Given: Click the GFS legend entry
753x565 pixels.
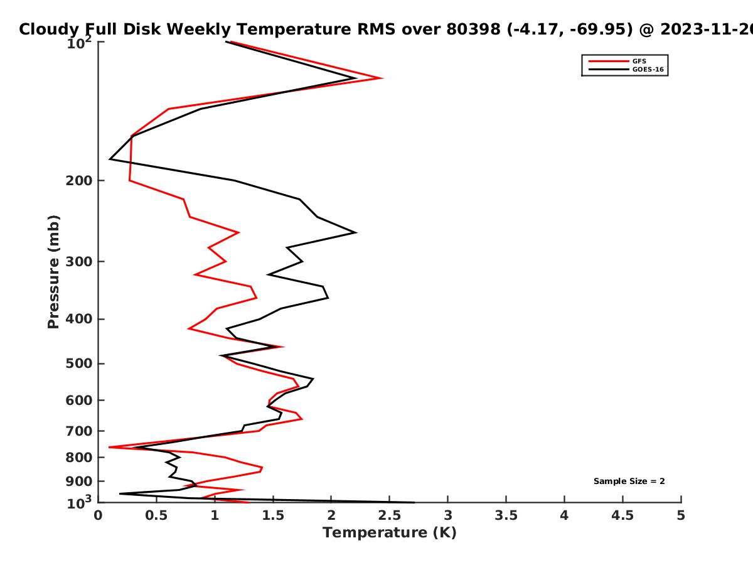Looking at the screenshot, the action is click(617, 61).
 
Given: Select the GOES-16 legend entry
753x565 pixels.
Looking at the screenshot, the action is click(626, 69).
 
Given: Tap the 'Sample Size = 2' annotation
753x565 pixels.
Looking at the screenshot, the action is click(629, 482).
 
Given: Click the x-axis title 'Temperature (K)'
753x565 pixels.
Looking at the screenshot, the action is click(390, 533).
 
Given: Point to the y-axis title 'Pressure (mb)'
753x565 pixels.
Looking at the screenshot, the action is click(53, 272).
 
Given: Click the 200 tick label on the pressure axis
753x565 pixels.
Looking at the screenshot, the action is click(79, 180).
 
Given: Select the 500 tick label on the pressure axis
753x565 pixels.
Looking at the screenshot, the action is click(79, 363).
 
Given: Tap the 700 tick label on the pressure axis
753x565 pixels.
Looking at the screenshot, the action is click(79, 431).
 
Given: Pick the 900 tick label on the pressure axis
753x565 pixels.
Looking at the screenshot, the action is click(79, 482).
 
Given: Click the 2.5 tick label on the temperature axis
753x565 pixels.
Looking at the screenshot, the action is click(390, 515).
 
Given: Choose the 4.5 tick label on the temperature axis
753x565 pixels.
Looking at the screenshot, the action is click(622, 515).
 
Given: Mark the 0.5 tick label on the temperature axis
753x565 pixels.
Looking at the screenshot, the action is click(156, 515).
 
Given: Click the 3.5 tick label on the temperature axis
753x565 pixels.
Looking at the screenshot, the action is click(506, 515).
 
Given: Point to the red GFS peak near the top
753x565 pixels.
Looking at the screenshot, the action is click(382, 78).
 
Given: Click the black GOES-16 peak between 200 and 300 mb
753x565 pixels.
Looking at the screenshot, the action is click(356, 232).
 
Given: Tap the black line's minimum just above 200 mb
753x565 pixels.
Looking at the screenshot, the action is click(110, 159).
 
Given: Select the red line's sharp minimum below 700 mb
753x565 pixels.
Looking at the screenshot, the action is click(109, 447).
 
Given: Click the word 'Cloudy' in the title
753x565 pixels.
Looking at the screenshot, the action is click(49, 30).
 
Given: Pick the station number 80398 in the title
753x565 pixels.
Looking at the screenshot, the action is click(473, 30).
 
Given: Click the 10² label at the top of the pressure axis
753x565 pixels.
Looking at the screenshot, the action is click(79, 43).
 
